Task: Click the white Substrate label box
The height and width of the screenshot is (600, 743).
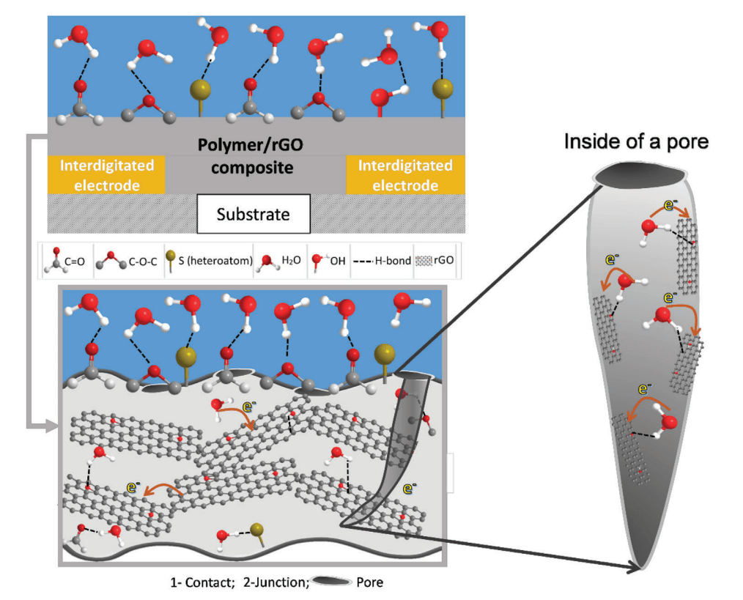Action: point(254,215)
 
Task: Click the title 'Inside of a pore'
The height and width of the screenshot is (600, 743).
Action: point(635,141)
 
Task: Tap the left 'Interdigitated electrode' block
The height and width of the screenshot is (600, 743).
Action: point(107,175)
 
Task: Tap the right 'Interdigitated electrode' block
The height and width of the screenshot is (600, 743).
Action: point(405,175)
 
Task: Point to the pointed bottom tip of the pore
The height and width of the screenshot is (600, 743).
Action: point(642,566)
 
